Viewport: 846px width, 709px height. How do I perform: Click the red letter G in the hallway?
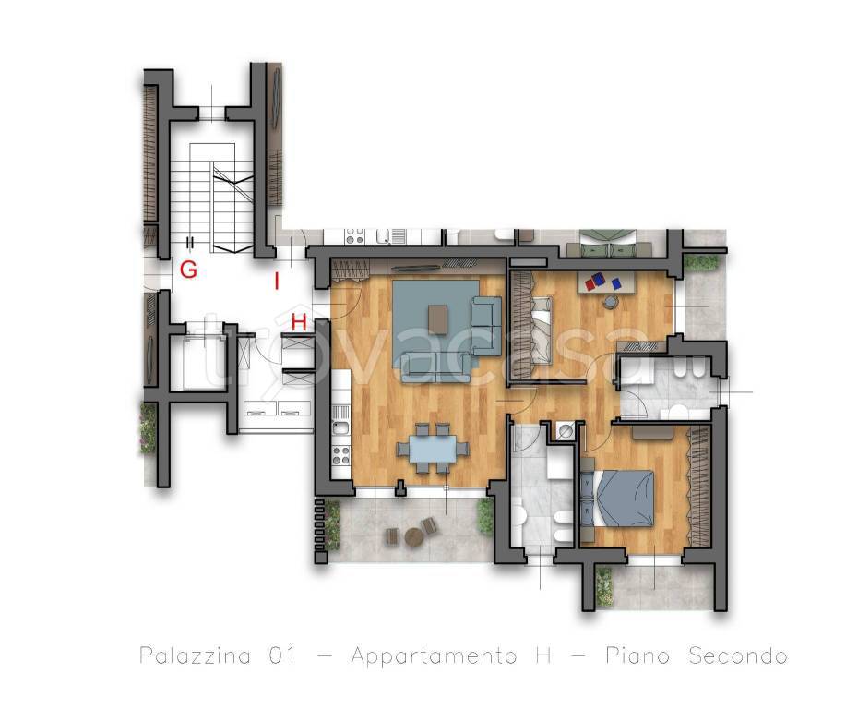click(x=188, y=270)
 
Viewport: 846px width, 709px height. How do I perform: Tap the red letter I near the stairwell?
click(x=277, y=282)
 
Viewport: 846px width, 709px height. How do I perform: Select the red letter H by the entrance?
click(x=299, y=322)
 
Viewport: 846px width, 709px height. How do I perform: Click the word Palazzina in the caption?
click(x=196, y=655)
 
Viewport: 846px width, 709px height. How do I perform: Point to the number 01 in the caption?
click(x=282, y=655)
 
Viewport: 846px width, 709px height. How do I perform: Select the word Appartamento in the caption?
click(x=435, y=656)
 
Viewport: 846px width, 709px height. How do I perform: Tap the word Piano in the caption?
click(x=637, y=655)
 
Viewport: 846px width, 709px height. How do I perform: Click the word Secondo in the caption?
click(x=738, y=655)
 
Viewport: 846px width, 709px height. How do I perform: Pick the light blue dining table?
click(x=433, y=449)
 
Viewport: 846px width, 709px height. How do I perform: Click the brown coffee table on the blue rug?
click(x=437, y=319)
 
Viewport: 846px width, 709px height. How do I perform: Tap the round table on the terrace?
click(x=414, y=538)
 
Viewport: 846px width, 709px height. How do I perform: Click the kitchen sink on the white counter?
click(x=340, y=429)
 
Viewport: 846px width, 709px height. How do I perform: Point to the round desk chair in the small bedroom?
click(x=609, y=301)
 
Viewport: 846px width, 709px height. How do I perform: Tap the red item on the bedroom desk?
click(x=590, y=283)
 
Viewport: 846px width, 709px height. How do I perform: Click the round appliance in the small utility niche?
click(x=566, y=431)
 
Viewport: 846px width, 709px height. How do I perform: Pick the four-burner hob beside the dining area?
click(x=340, y=455)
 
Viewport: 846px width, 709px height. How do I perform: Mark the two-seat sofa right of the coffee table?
click(x=483, y=326)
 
